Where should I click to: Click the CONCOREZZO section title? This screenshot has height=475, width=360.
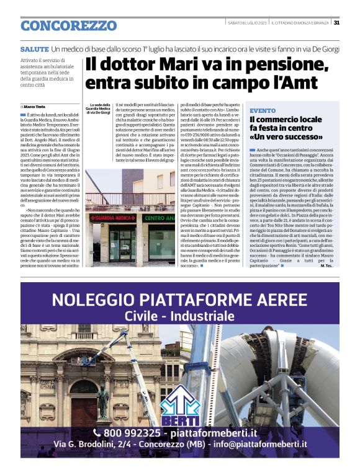point(68,26)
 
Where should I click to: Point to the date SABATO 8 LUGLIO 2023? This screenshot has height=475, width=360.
point(247,23)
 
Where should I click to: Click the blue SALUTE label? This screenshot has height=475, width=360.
point(34,48)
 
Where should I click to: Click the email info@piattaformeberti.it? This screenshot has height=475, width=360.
point(276,444)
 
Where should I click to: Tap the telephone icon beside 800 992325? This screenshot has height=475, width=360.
point(97,432)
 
